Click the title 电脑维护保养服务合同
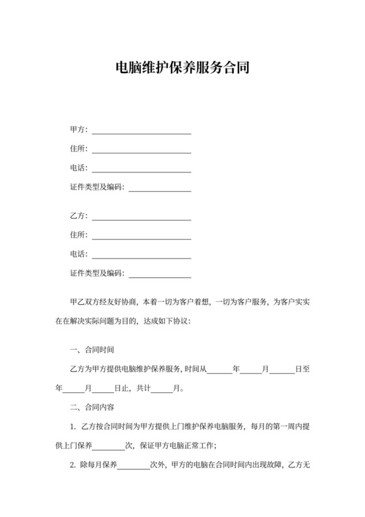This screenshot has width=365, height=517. coord(182,67)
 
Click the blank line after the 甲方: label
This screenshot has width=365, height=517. coord(141,131)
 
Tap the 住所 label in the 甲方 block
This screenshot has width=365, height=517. coord(78,149)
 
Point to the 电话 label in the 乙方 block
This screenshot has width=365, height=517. coord(78,254)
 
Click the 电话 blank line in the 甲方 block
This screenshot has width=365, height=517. coord(141,170)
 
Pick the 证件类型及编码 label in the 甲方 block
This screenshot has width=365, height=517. coord(96,187)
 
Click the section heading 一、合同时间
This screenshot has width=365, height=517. coord(93,350)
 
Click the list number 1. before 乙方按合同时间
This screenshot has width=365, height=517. coord(73,428)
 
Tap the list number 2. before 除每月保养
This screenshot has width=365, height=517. coord(73,467)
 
